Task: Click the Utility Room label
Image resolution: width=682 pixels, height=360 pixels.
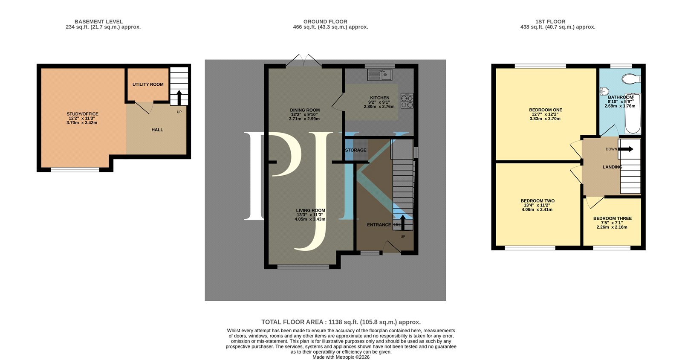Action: pos(148,84)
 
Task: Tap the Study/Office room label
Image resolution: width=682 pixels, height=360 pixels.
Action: pos(83,114)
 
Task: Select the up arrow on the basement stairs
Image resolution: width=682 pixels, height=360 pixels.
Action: pos(179,97)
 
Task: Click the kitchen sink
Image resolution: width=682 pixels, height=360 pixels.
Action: pos(379,75)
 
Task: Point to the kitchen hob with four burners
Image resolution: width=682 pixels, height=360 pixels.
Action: pos(407,101)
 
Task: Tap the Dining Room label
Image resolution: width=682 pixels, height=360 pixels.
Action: pos(305,110)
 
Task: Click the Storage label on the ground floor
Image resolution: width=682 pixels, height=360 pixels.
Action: pos(355,150)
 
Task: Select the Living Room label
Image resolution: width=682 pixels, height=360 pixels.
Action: pos(311,210)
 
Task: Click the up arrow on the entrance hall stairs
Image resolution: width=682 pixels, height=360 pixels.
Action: pos(402,222)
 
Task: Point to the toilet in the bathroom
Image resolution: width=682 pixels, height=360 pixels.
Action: pos(631,79)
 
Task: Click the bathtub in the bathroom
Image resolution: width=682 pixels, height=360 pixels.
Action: pos(633,113)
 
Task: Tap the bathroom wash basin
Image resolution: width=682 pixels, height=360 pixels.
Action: pos(604,91)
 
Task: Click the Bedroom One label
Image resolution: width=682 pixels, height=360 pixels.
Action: pos(546,110)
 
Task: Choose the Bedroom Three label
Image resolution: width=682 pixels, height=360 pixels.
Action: pos(612,218)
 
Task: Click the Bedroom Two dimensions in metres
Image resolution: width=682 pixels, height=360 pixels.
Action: pos(537,209)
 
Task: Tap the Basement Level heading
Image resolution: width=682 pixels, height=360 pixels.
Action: pos(98,22)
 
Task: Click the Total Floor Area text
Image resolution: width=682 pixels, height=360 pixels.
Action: pos(341,322)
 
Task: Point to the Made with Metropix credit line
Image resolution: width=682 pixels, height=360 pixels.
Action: pos(341,357)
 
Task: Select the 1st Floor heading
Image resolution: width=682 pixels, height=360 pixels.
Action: pos(550,22)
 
